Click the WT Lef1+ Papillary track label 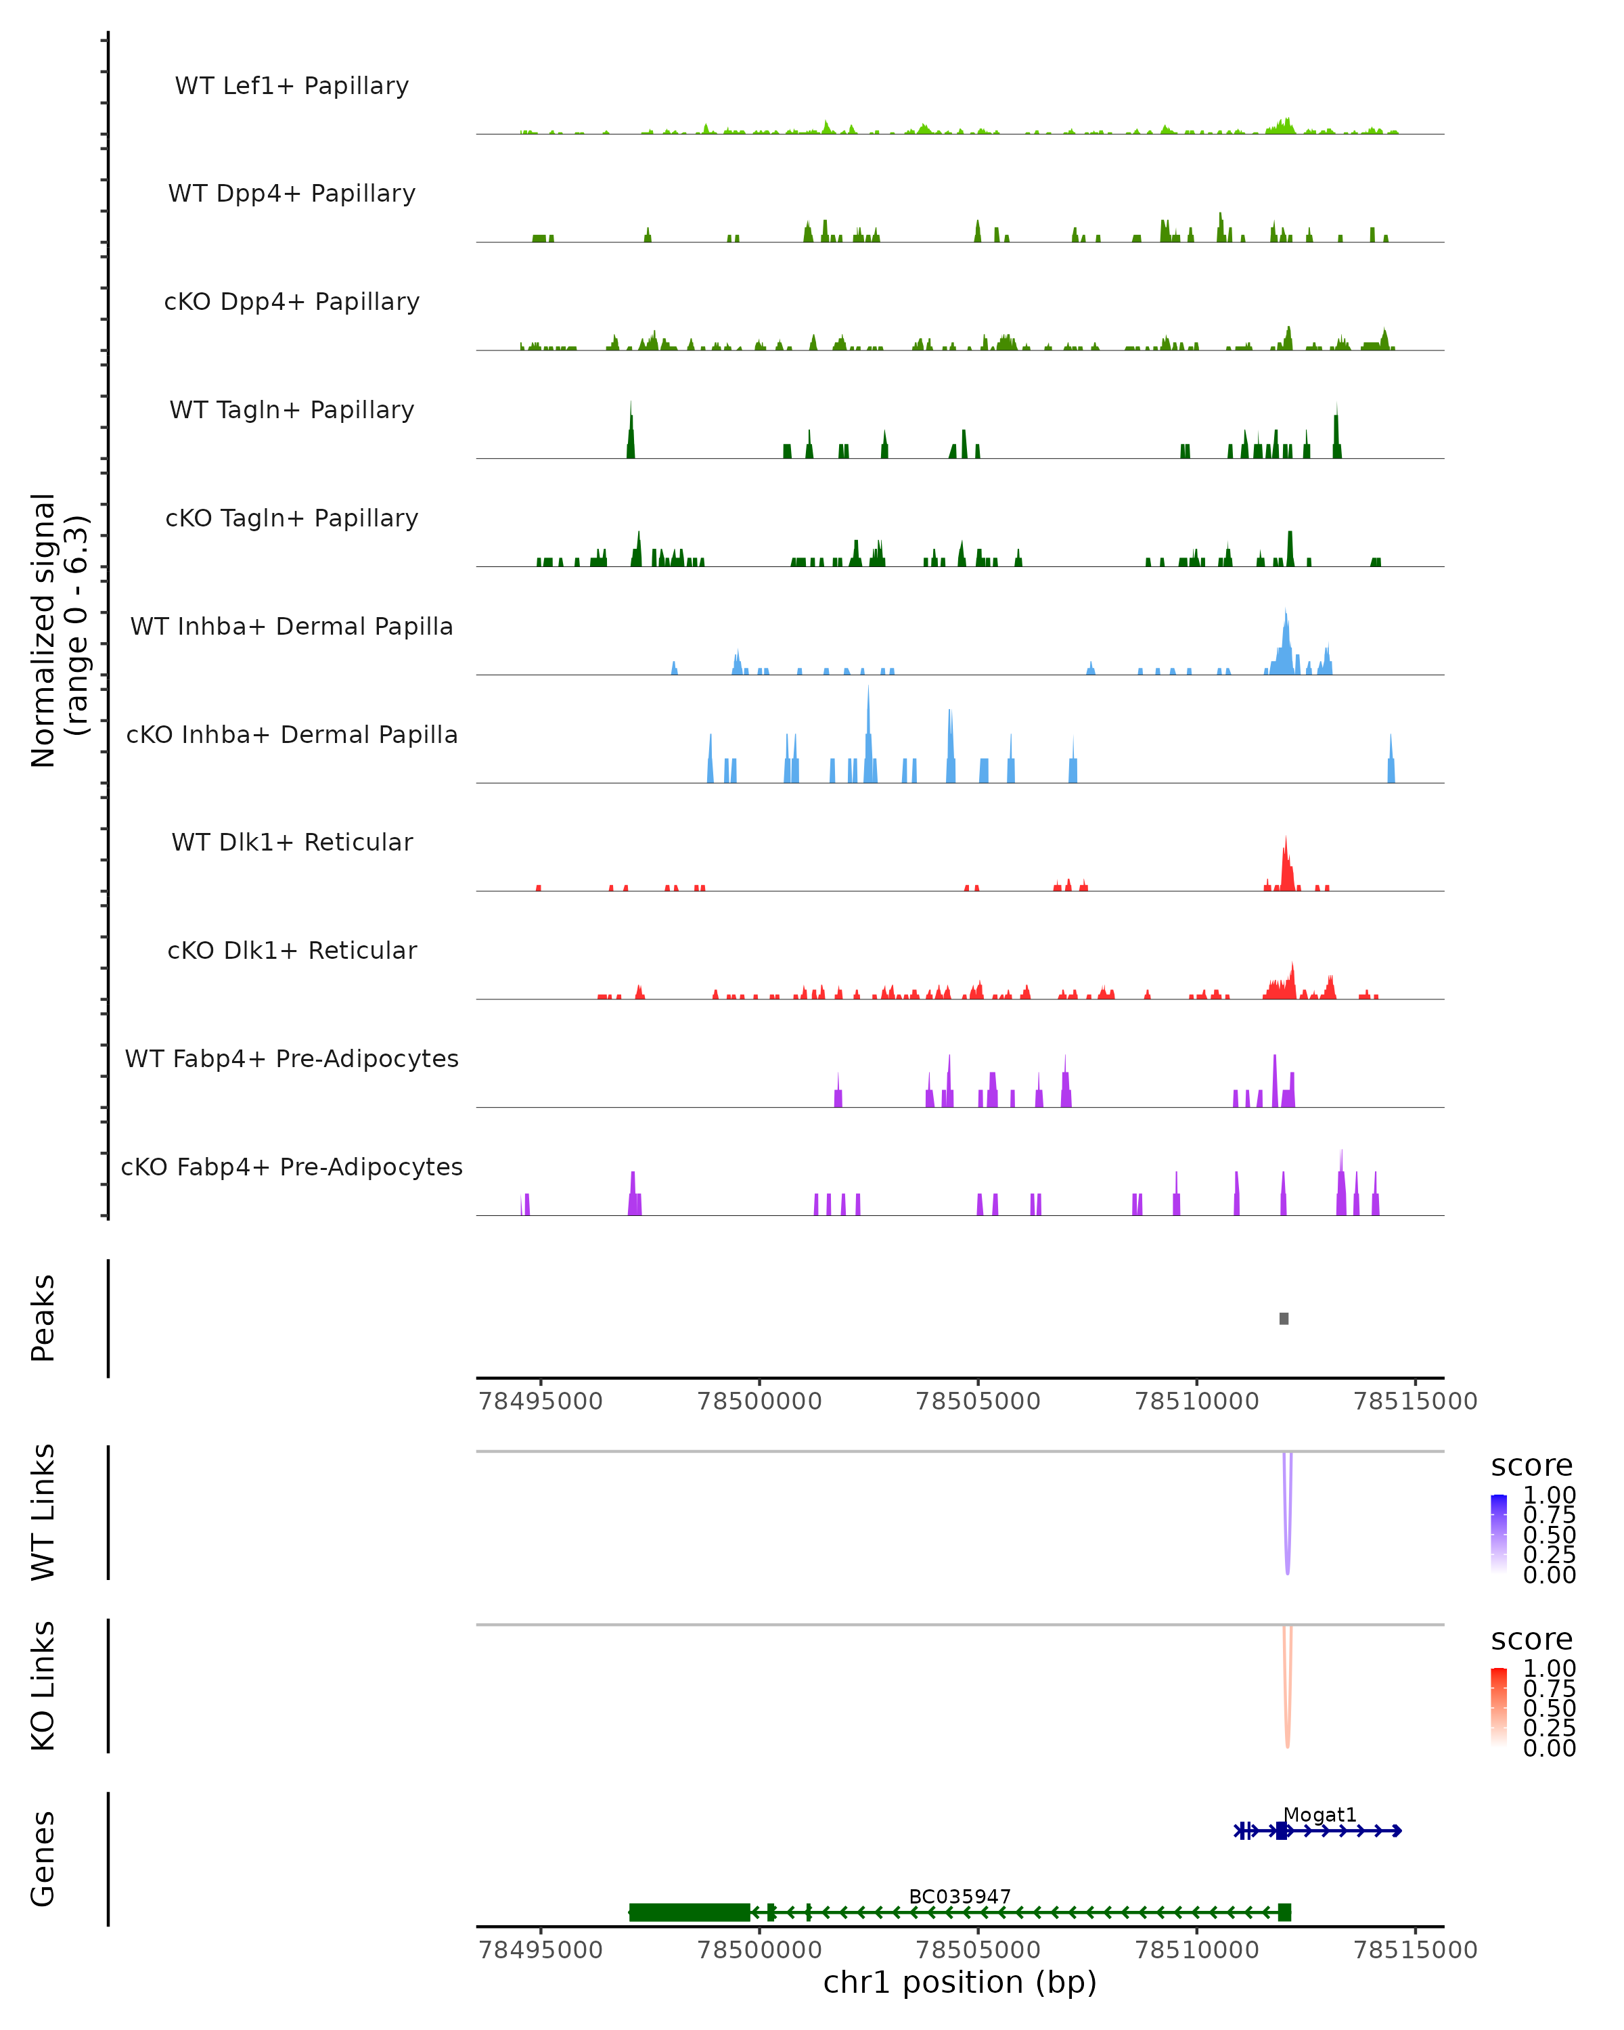coord(292,86)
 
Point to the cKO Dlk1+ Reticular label coord(292,950)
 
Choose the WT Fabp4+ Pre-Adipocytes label coord(292,1058)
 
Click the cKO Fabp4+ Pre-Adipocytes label coord(292,1167)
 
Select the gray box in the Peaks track coord(1284,1318)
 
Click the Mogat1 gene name coord(1320,1814)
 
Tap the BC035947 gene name coord(960,1896)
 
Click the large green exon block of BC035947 coord(689,1912)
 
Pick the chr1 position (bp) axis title coord(960,1982)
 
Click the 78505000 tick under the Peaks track coord(978,1401)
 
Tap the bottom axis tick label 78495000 coord(541,1949)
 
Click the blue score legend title coord(1532,1466)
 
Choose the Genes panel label coord(43,1859)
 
